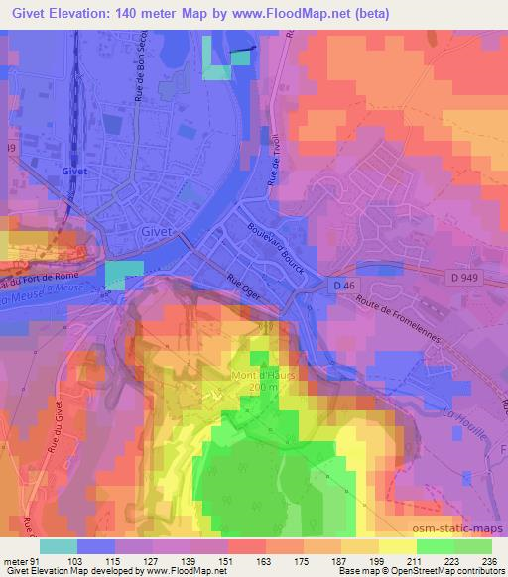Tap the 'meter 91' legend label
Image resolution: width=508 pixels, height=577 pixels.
21,560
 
